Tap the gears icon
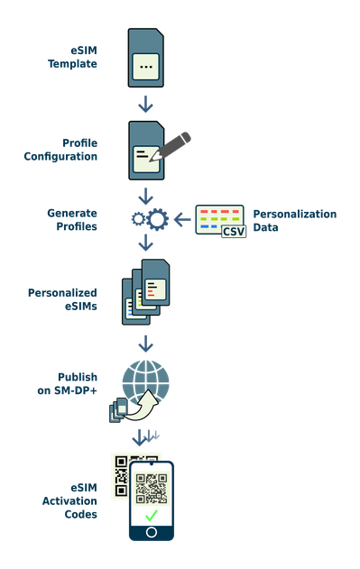click(x=149, y=218)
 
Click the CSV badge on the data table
click(x=234, y=231)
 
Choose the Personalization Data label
click(x=294, y=221)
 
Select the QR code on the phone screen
click(x=151, y=487)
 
